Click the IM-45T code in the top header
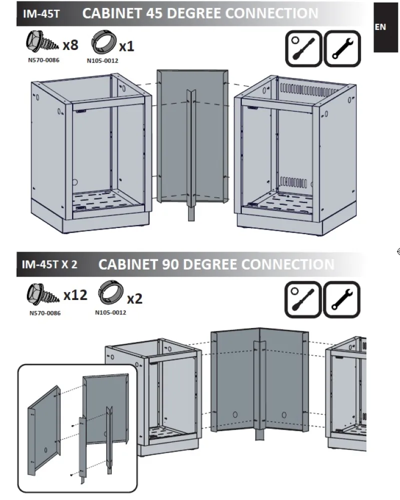point(41,13)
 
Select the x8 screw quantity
point(70,45)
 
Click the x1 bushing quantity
point(127,46)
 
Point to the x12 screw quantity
point(75,295)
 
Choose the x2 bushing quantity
point(135,299)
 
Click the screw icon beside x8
point(42,42)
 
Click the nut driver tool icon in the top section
point(303,48)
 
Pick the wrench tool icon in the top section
point(342,48)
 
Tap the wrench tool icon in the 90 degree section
point(341,299)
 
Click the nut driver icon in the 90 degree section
point(303,299)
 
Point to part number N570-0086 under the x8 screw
point(44,60)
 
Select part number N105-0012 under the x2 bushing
point(111,312)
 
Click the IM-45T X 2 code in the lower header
point(50,264)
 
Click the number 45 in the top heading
point(154,13)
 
